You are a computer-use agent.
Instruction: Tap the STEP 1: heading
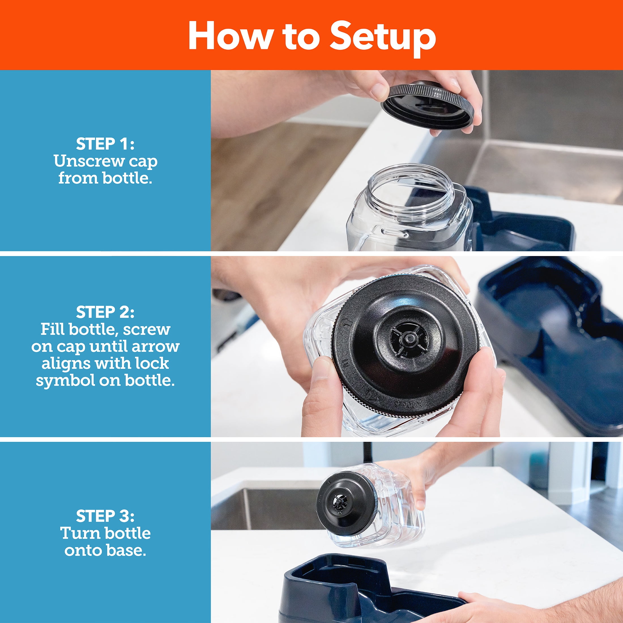pos(105,144)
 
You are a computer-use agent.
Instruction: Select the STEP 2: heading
pos(105,312)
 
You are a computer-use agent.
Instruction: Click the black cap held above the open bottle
pos(427,105)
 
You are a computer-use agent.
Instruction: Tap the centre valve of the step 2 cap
pos(409,339)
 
